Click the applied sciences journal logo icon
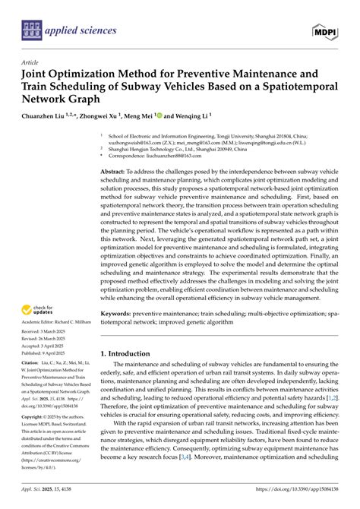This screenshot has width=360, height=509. click(30, 31)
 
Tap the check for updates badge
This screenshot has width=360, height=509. click(37, 310)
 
